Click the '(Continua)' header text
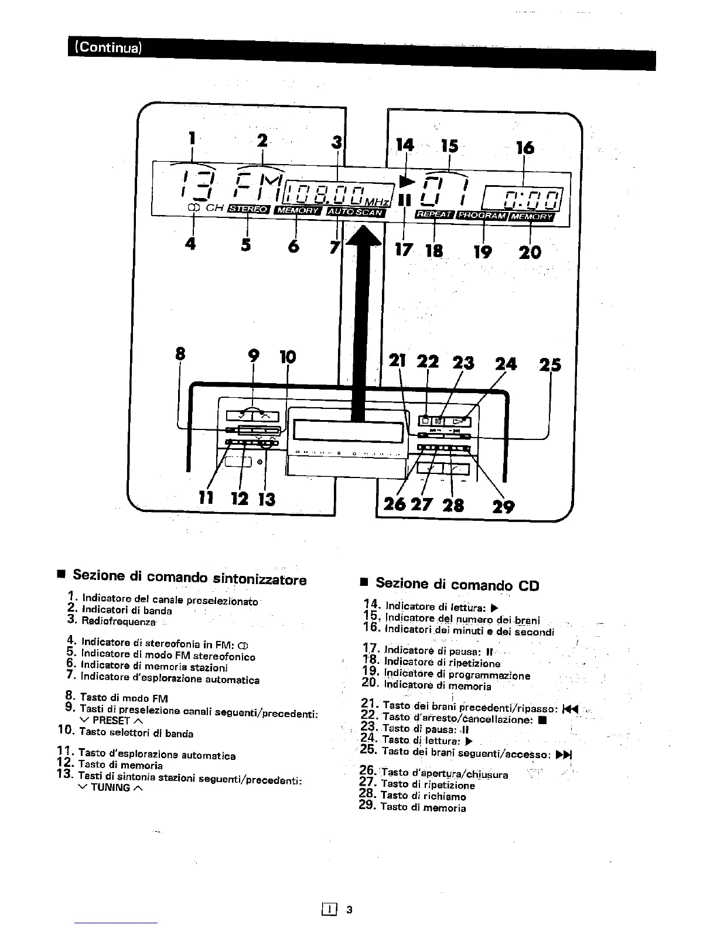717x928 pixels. point(105,47)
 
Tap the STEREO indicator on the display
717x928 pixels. point(247,209)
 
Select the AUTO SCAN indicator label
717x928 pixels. point(356,211)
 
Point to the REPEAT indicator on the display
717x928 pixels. point(433,214)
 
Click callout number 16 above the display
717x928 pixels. point(525,147)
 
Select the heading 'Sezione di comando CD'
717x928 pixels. point(457,584)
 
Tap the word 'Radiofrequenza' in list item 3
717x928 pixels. point(119,621)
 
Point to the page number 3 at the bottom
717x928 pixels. point(349,910)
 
